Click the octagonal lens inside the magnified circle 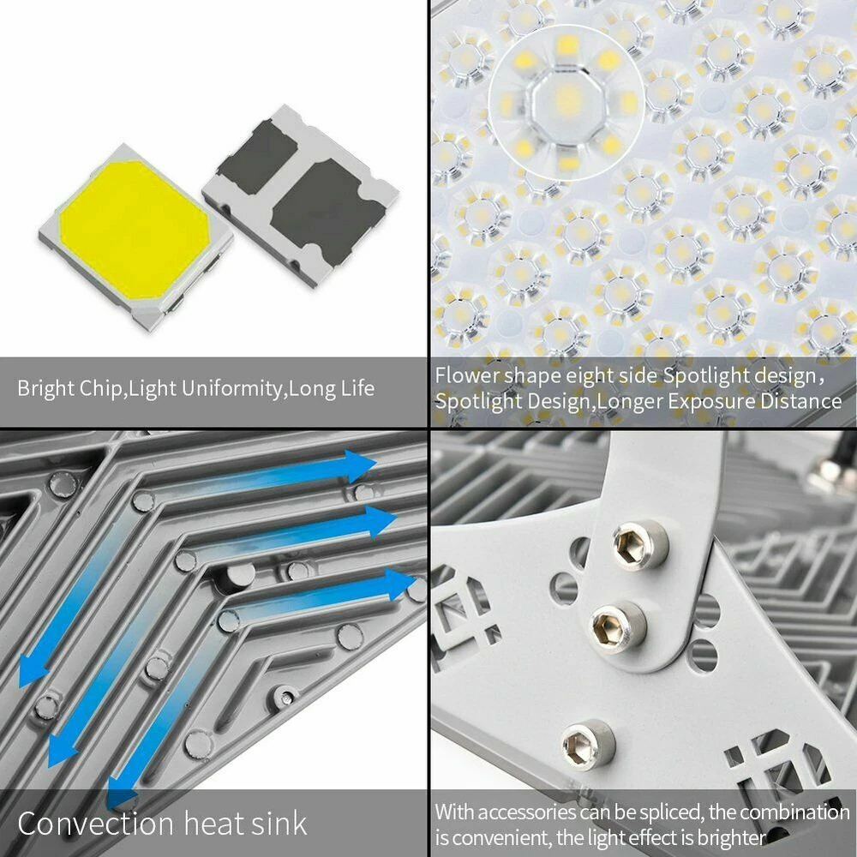(x=566, y=102)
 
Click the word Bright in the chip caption (x=47, y=388)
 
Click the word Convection (x=96, y=823)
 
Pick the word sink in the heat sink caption (x=279, y=823)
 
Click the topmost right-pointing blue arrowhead (x=360, y=465)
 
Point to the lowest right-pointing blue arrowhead (x=400, y=584)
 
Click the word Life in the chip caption (x=356, y=388)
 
